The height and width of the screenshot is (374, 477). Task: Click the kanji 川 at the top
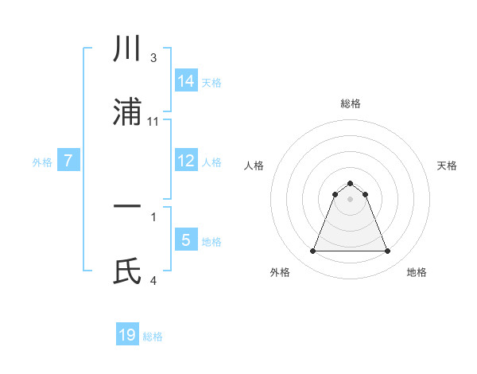click(x=128, y=49)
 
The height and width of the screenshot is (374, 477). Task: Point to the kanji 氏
click(x=128, y=271)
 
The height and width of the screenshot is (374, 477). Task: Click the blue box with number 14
click(x=186, y=80)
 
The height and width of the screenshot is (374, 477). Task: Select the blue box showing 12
click(x=186, y=160)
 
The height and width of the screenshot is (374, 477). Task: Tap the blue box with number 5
click(x=186, y=240)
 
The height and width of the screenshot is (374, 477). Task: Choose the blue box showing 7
click(x=69, y=161)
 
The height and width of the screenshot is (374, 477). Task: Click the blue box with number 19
click(x=127, y=335)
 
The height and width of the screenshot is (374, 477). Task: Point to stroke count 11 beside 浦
click(x=153, y=122)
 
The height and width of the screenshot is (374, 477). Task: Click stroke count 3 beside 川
click(x=153, y=58)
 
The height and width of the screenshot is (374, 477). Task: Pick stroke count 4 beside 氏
click(x=153, y=280)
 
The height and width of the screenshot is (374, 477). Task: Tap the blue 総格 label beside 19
click(x=153, y=337)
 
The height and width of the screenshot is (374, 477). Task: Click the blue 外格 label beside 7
click(x=42, y=162)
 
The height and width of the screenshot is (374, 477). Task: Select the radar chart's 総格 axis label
click(x=351, y=103)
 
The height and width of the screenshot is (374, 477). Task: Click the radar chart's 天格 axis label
click(x=447, y=166)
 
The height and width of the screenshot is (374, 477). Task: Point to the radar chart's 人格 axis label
click(x=254, y=166)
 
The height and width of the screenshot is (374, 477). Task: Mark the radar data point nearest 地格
click(x=388, y=251)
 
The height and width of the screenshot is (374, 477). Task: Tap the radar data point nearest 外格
click(x=312, y=251)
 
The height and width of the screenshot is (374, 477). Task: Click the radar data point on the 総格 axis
click(x=351, y=183)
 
